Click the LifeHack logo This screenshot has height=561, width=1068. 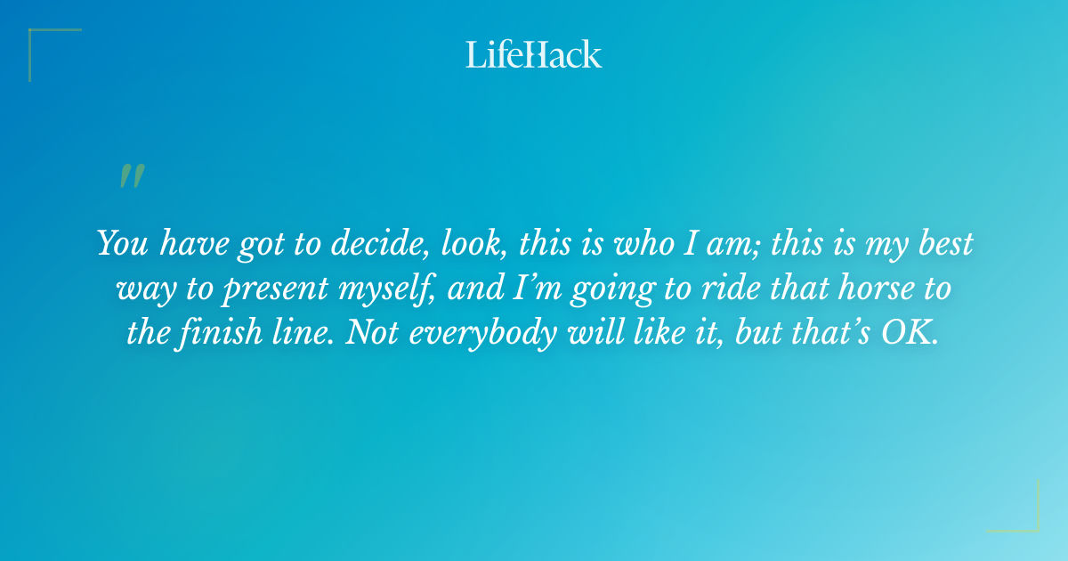534,54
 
